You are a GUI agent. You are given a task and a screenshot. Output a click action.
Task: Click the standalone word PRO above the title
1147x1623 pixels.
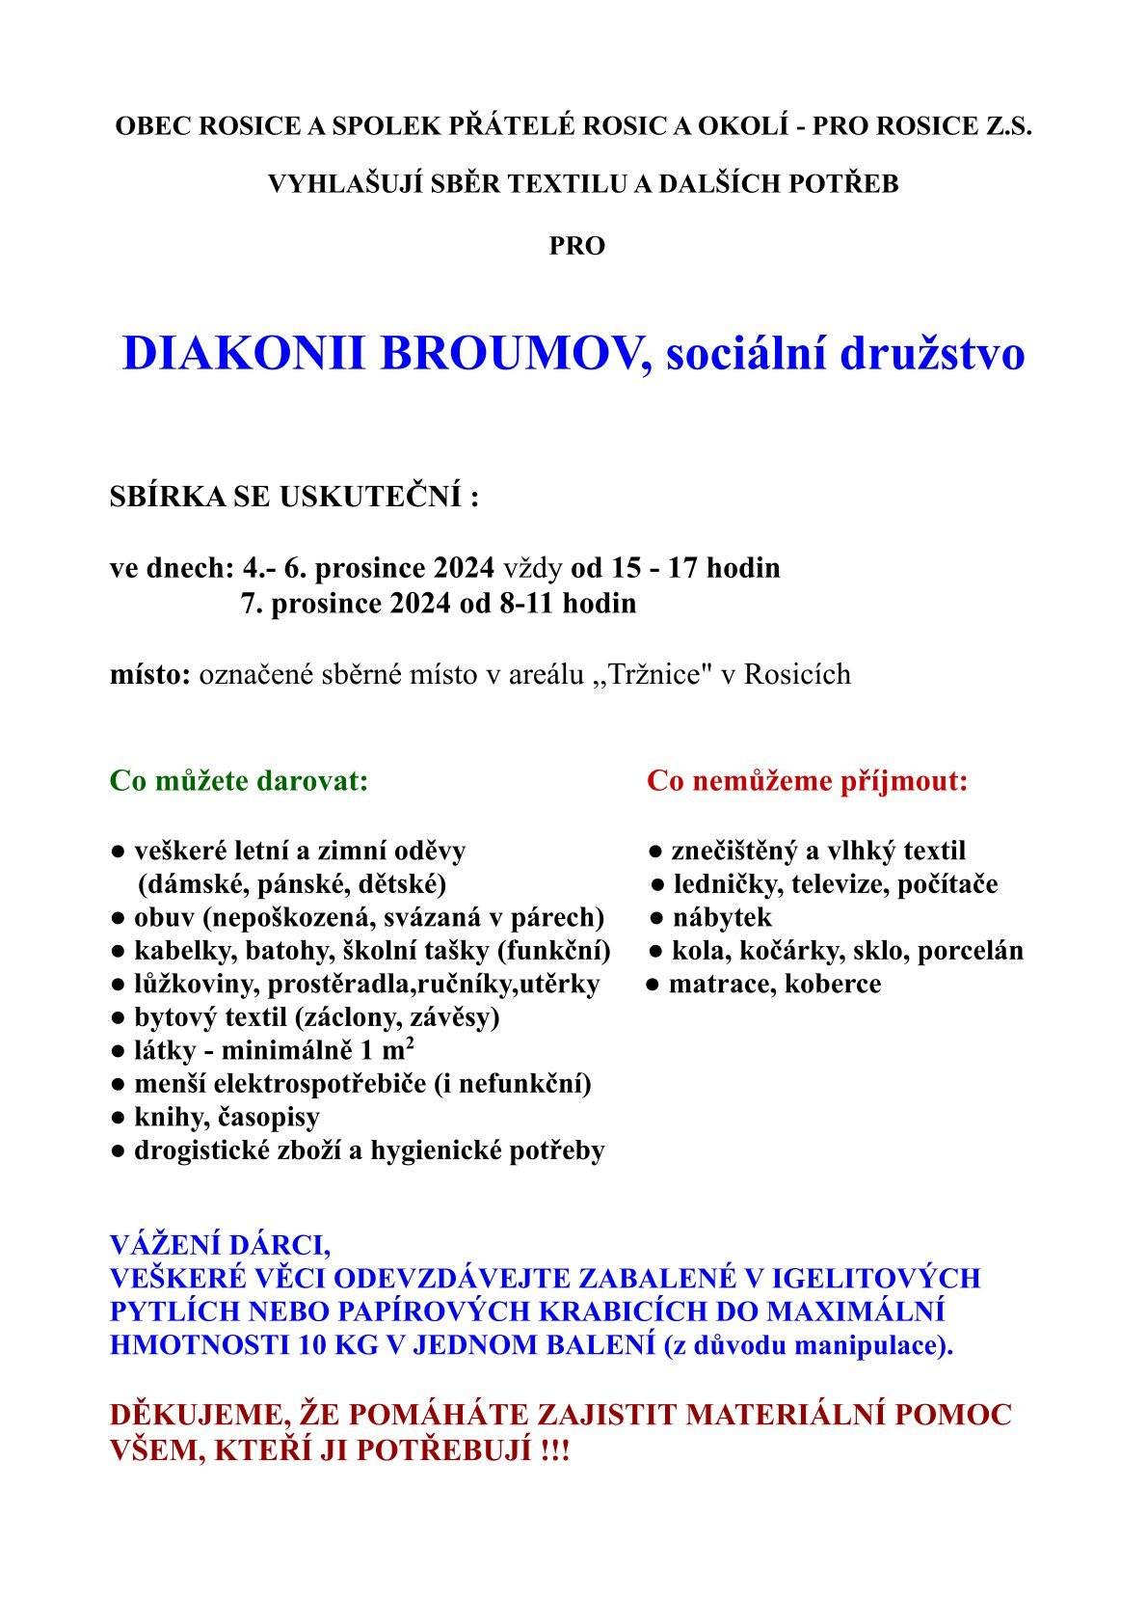(576, 246)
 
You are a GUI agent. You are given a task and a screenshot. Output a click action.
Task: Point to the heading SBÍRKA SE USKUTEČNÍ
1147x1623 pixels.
(294, 498)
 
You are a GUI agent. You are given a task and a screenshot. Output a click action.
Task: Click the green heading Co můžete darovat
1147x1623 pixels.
(239, 780)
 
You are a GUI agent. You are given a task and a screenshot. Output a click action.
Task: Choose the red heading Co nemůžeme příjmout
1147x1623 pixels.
(807, 780)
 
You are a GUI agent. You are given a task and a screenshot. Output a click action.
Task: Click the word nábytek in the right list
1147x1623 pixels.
(722, 917)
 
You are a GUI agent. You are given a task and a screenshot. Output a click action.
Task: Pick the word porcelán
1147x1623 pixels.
(970, 951)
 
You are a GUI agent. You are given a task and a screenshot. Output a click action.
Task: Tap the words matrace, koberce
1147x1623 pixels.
(775, 984)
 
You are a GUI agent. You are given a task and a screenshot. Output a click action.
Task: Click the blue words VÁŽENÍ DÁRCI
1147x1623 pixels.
(220, 1245)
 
